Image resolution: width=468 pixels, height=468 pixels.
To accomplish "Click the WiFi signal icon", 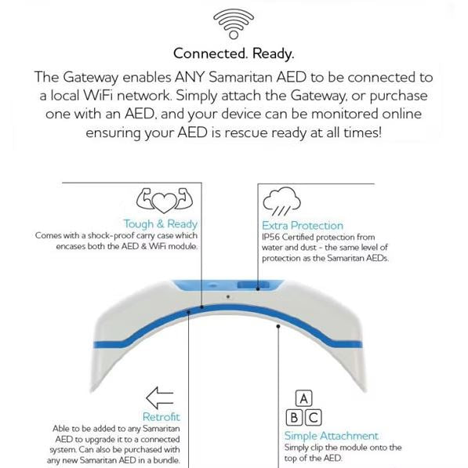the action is click(x=234, y=24).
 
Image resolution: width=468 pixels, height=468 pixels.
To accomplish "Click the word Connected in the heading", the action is click(x=210, y=54).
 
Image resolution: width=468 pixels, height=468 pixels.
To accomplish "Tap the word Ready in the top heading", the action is click(x=273, y=54).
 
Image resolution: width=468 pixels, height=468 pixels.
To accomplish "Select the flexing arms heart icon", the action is click(x=165, y=200).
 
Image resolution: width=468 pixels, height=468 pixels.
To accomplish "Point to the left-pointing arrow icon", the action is click(x=160, y=397).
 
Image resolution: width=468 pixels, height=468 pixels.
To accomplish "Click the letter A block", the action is click(x=303, y=398).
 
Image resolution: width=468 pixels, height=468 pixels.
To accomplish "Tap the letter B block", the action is click(x=294, y=418).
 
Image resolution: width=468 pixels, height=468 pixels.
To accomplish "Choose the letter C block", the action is click(x=313, y=418).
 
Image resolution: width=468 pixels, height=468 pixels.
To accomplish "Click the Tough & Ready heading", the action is click(x=161, y=224).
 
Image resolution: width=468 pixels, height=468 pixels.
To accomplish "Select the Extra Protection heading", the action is click(x=303, y=226).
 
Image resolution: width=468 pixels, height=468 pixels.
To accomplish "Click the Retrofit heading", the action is click(x=161, y=417).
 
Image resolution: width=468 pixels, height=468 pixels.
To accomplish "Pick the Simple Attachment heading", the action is click(x=332, y=436).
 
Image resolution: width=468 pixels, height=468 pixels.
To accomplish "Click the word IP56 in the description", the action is click(x=270, y=238).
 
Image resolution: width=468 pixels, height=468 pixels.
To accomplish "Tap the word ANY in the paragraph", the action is click(x=190, y=78).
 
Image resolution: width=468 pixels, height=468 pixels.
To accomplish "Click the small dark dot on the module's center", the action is click(x=228, y=296).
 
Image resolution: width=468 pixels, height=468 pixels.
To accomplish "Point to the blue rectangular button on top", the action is click(x=253, y=285).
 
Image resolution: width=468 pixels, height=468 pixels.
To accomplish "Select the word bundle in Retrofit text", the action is click(x=165, y=460).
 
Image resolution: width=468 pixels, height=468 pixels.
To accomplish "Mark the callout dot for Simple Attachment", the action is click(x=278, y=326).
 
